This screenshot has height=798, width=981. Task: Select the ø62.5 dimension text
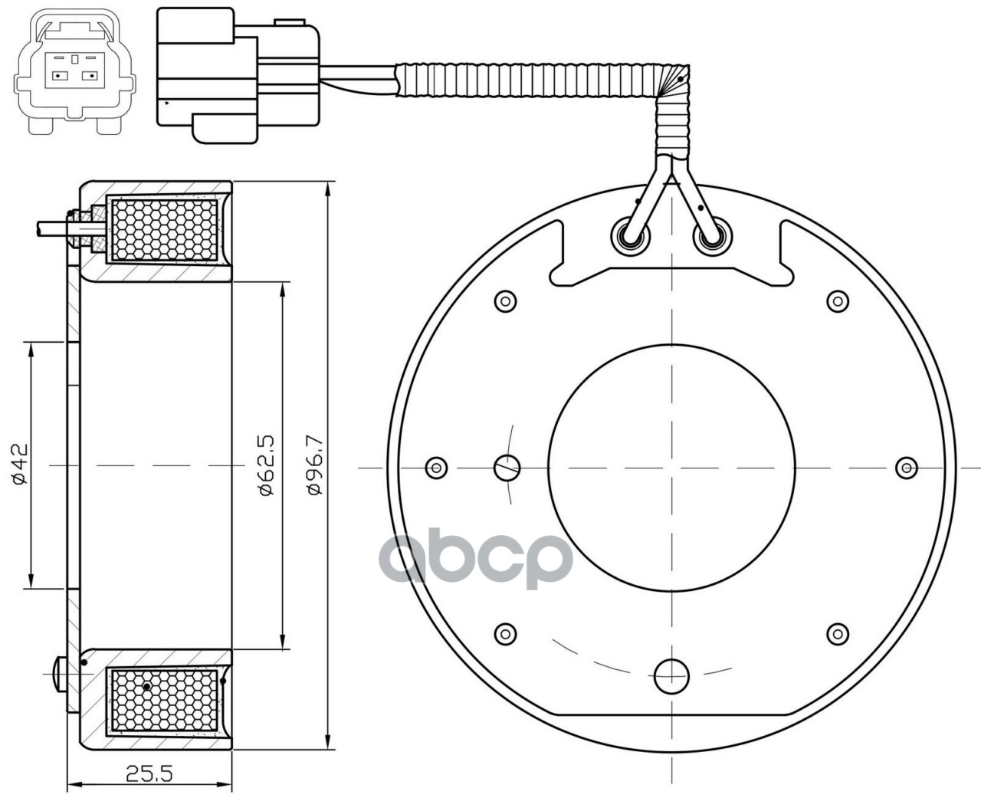coord(267,465)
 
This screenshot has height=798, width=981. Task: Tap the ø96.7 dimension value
coord(313,465)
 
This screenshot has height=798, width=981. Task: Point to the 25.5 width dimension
coord(151,774)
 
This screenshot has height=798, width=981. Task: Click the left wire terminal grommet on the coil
coord(632,238)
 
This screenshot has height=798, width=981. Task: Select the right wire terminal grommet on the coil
coord(710,238)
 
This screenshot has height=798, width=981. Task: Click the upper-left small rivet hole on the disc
coord(505,301)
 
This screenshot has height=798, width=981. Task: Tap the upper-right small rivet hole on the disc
coord(838,300)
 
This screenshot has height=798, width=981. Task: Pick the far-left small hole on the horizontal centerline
coord(436,466)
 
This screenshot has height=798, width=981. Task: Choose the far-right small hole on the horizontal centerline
coord(907,466)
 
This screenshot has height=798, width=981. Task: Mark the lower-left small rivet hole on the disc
coord(505,633)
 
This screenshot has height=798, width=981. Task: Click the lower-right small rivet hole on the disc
coord(838,633)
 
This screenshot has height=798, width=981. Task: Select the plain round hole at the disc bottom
coord(671,675)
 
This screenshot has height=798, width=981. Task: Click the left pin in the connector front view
coord(58,75)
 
